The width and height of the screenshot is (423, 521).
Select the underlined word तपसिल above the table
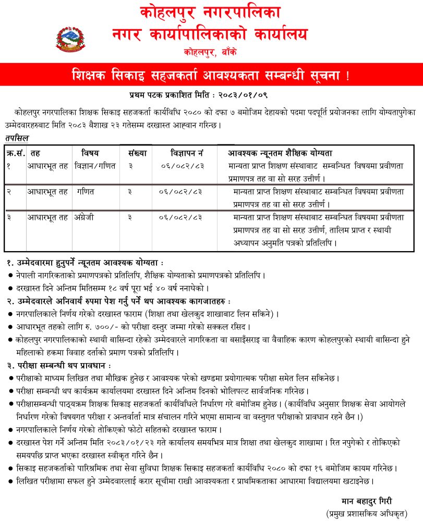pos(17,138)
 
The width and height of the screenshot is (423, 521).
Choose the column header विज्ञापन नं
pos(186,153)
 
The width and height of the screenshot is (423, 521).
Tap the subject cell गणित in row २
pos(86,191)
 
